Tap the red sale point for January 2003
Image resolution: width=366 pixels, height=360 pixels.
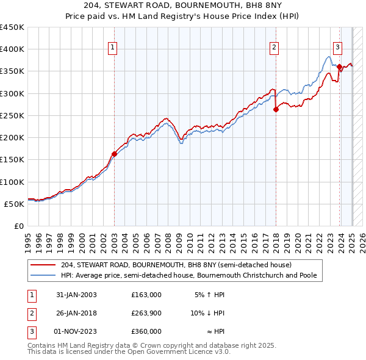click(x=114, y=154)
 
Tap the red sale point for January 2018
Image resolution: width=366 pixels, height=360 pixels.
click(x=276, y=109)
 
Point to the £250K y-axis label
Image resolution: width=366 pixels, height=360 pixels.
click(x=12, y=115)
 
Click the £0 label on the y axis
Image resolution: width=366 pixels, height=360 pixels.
click(x=18, y=226)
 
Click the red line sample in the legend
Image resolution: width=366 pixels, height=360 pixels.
click(x=44, y=265)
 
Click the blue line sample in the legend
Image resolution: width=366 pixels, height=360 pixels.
click(x=44, y=275)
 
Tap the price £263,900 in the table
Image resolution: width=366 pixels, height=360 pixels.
click(x=146, y=313)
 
